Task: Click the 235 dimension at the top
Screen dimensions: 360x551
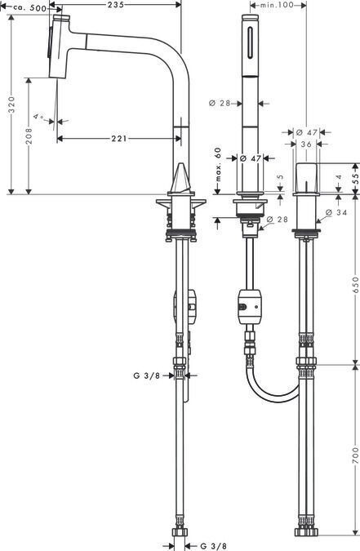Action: (115, 4)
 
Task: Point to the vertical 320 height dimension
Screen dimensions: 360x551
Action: (12, 104)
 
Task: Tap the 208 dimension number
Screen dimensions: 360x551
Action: (29, 136)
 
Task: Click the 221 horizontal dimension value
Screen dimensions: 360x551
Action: (119, 139)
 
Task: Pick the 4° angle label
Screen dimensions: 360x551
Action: (38, 116)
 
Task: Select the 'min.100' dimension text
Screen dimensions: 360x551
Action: (277, 5)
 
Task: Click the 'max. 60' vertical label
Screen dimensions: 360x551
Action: (218, 164)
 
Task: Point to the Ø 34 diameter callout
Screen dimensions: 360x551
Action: (336, 212)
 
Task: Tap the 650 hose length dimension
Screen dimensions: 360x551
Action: (355, 285)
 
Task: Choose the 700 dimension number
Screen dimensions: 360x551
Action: (355, 455)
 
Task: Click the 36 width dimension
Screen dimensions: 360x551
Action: (306, 144)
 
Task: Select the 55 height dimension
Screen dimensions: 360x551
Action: (356, 179)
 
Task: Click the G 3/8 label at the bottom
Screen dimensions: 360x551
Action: (213, 546)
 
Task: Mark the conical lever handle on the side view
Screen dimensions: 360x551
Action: (182, 180)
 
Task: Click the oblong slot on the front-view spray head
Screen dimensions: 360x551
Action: (250, 42)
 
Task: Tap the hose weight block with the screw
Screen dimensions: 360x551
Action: (250, 307)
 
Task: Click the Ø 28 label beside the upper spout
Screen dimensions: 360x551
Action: (220, 103)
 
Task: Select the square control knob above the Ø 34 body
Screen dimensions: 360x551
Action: (306, 178)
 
